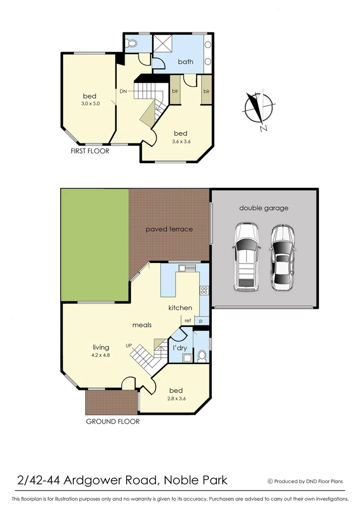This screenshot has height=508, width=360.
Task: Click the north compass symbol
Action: point(258,110)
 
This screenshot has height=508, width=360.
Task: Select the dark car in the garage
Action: point(282,259)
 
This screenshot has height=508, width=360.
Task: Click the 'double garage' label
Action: point(264,208)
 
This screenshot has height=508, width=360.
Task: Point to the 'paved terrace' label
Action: point(169,229)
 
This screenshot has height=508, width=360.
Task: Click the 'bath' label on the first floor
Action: point(185,62)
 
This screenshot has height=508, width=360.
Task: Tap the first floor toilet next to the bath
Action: point(132,44)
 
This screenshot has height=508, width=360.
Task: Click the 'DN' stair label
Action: point(123,91)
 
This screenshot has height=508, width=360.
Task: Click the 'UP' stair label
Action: point(128,345)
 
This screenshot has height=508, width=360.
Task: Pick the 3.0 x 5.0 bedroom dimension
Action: point(89,103)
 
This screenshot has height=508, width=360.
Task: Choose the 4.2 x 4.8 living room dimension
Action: point(101,355)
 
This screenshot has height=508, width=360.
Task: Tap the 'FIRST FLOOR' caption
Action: point(89,151)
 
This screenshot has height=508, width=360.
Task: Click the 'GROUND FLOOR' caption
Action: point(112,421)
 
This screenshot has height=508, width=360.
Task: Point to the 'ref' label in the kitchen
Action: point(187,320)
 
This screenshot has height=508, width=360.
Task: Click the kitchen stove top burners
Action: point(204,290)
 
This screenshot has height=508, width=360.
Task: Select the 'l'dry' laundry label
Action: point(180,348)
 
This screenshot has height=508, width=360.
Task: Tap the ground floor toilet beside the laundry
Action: point(202,356)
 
